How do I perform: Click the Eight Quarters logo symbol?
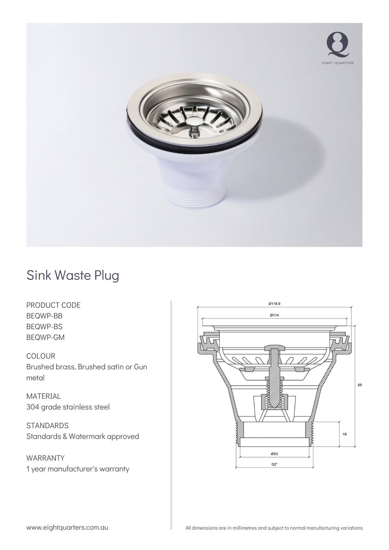(338, 45)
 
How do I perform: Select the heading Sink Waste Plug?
(73, 275)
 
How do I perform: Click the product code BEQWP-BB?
(45, 316)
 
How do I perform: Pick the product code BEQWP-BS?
(45, 327)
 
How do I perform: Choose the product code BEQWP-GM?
(45, 337)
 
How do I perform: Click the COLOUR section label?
(41, 356)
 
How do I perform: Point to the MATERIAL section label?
(44, 396)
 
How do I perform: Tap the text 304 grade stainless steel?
(68, 407)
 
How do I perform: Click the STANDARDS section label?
(47, 426)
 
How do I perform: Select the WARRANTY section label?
(45, 458)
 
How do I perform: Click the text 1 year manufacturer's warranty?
(78, 469)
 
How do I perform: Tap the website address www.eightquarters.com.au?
(67, 528)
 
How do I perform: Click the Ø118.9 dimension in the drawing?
(274, 304)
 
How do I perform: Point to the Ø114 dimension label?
(274, 315)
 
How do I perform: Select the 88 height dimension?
(360, 385)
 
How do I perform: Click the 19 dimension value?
(344, 434)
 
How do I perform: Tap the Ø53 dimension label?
(274, 454)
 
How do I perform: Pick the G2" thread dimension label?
(274, 464)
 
